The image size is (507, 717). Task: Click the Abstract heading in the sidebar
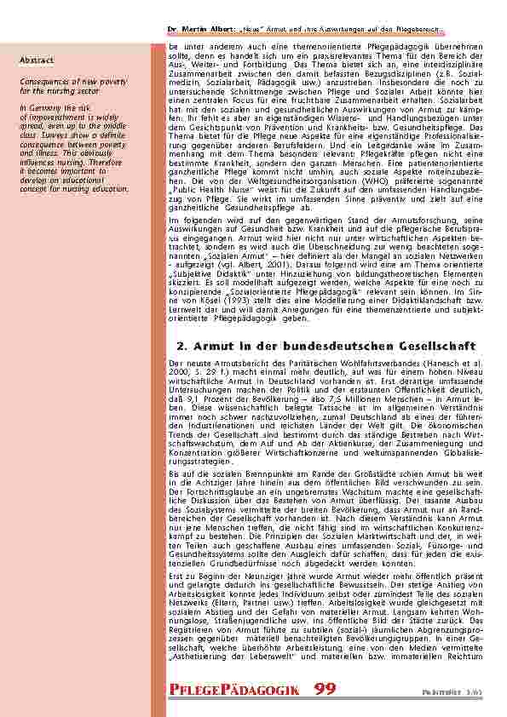(x=37, y=60)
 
